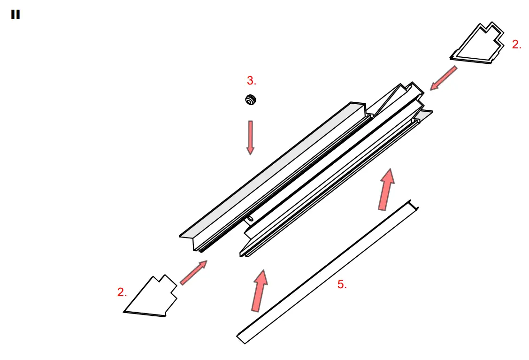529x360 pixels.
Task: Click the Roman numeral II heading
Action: click(x=15, y=15)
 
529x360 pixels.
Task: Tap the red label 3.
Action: click(x=252, y=81)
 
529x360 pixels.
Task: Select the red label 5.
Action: click(x=342, y=284)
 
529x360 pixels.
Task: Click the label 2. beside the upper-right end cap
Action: click(x=516, y=45)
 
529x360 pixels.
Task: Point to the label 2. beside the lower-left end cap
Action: click(x=122, y=292)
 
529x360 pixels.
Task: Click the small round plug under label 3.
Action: click(x=251, y=100)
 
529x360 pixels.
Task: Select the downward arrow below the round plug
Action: click(x=251, y=137)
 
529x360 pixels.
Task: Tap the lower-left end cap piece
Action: click(x=150, y=298)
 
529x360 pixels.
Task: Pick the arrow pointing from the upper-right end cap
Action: click(x=443, y=78)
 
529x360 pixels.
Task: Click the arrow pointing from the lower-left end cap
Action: click(x=193, y=273)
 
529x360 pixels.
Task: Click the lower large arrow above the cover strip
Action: click(x=259, y=290)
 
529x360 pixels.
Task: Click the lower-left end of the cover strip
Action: click(x=241, y=337)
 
